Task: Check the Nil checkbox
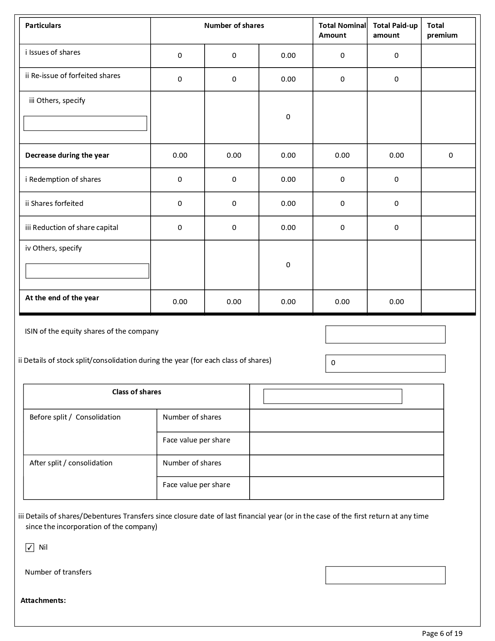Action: (30, 547)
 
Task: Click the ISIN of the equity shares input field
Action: (385, 334)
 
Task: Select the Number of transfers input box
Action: (385, 575)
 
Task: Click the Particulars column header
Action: (43, 26)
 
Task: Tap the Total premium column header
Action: (442, 30)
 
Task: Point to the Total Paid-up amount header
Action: (395, 30)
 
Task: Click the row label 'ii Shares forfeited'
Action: (54, 204)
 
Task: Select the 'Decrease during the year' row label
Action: (67, 155)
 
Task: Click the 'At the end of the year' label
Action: (62, 298)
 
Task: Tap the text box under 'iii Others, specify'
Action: (85, 123)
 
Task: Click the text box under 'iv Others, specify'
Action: (87, 271)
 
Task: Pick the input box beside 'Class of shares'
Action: (333, 396)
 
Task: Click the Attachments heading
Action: (43, 601)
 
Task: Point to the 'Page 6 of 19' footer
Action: (442, 634)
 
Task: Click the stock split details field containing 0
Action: (385, 363)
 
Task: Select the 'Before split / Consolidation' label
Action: (75, 417)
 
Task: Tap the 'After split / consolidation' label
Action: (71, 463)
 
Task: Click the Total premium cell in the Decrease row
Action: (450, 155)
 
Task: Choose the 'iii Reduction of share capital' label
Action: (72, 228)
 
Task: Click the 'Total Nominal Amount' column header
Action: (342, 30)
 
